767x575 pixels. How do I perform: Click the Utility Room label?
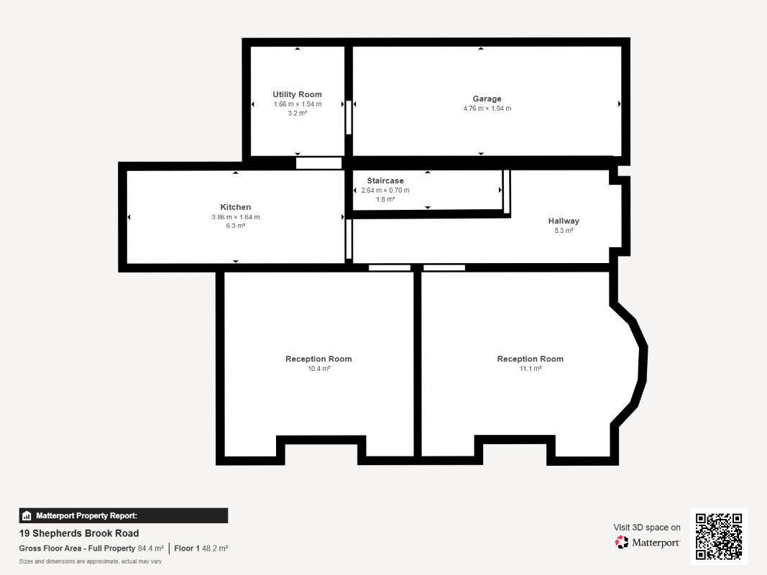pos(297,94)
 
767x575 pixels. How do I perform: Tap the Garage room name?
pos(487,98)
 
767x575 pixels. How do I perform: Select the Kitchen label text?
pos(235,207)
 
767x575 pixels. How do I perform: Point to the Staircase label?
pos(385,181)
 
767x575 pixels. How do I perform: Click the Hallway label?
pos(564,221)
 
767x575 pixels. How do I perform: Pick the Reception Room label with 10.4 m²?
pos(318,359)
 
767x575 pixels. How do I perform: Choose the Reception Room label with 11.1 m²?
pos(531,359)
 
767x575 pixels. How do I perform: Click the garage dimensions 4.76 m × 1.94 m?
pos(487,109)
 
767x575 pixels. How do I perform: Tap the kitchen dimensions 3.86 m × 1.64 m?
pos(235,217)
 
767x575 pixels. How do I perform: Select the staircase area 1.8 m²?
pos(385,200)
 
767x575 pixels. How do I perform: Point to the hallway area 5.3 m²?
pos(564,231)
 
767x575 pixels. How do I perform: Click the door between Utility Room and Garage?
pos(349,117)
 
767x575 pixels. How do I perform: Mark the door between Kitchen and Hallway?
pos(349,239)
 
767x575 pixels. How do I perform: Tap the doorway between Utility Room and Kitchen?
pos(319,163)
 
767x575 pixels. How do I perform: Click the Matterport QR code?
pos(719,536)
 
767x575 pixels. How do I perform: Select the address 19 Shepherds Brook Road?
pos(79,533)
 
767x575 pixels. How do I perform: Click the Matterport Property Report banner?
pos(123,516)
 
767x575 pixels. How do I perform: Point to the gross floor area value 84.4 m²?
pos(151,548)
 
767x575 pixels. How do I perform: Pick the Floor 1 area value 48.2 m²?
pos(215,548)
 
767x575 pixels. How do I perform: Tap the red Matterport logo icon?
pos(622,542)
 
